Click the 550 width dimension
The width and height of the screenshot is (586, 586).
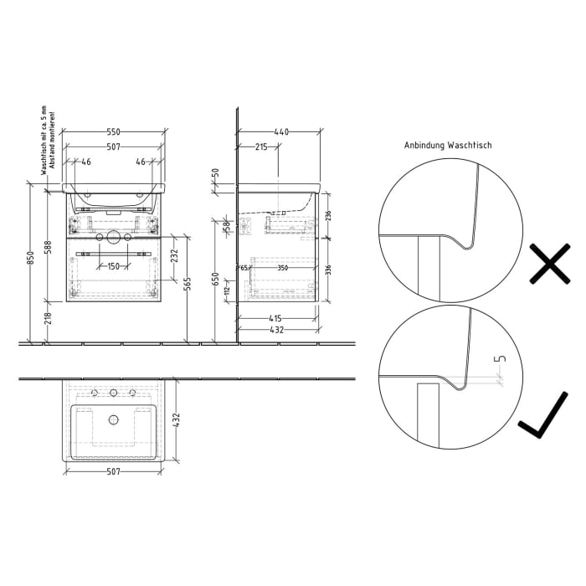[114, 132]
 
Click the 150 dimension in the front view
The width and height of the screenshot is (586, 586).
[113, 265]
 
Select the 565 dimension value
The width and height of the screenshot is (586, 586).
[187, 285]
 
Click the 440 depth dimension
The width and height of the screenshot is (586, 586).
[281, 132]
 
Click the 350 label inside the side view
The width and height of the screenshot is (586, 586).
[282, 268]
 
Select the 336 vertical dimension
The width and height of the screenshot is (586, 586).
[327, 269]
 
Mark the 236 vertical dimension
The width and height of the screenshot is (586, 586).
[327, 215]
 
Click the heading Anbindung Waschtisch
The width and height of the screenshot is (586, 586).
[448, 145]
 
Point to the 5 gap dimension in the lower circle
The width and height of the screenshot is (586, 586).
[501, 359]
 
